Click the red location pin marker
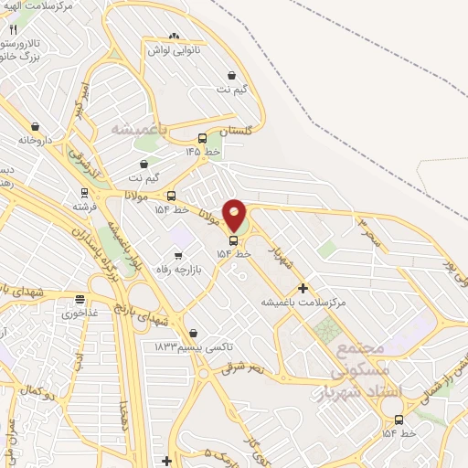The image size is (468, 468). pos(235,216)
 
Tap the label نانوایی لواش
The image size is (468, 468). pos(175,50)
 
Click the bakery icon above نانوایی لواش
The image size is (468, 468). pos(175,35)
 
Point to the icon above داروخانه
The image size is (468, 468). pos(35,126)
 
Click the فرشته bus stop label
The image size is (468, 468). pos(85,208)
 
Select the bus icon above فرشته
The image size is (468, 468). pos(84,193)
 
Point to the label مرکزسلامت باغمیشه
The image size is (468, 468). pos(303,302)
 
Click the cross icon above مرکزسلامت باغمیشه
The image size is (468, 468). pos(303,287)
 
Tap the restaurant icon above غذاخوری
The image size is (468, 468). pos(80,298)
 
